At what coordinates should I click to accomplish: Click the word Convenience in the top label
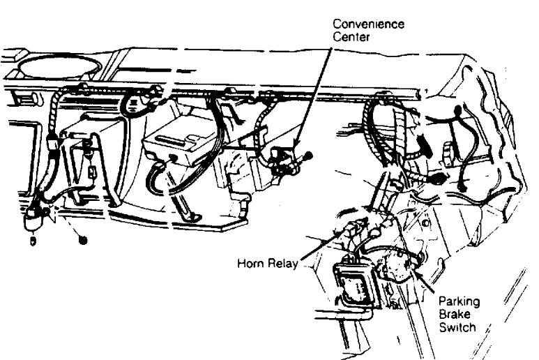[x=368, y=24]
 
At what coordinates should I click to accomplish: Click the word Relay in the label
[x=282, y=263]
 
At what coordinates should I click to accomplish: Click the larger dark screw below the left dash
[x=82, y=240]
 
